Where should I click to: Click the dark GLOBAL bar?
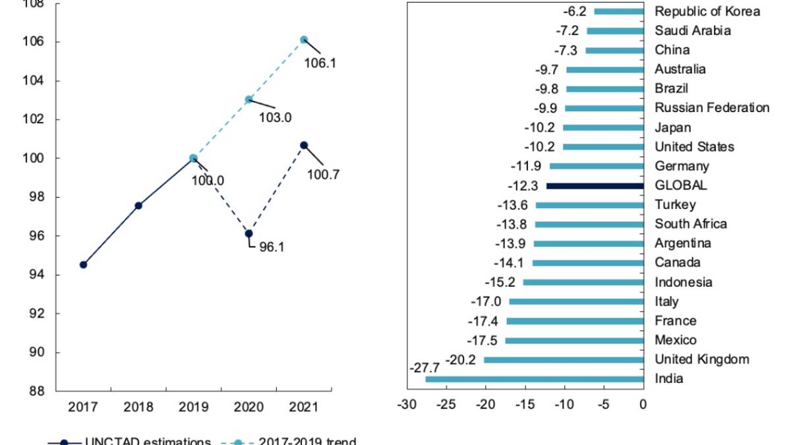click(x=595, y=186)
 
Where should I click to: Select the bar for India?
click(x=535, y=379)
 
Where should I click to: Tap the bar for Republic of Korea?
click(x=619, y=11)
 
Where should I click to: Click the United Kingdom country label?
click(x=701, y=359)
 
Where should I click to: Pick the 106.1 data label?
click(x=320, y=63)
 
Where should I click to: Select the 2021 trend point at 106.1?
click(x=304, y=40)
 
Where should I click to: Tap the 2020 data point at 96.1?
click(x=249, y=233)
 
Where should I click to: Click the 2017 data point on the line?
click(x=83, y=264)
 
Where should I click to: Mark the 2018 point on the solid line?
click(x=138, y=206)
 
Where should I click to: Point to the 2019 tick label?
click(x=193, y=407)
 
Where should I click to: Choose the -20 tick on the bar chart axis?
click(x=485, y=403)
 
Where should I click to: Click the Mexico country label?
click(x=675, y=340)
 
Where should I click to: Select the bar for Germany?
click(x=597, y=166)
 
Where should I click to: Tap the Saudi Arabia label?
click(x=692, y=30)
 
